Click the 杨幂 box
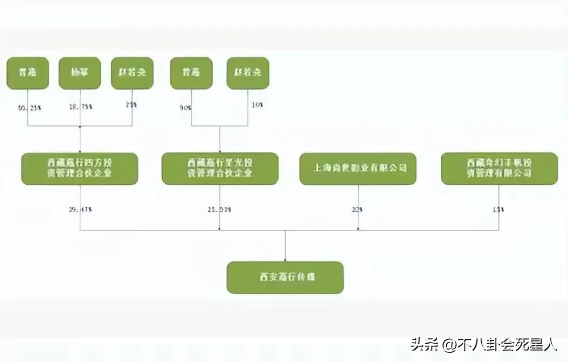80,73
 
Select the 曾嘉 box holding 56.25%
27,73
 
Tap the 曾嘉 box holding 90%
191,73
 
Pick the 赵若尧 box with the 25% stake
132,73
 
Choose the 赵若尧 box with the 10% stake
247,73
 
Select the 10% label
257,105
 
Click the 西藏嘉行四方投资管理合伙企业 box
80,169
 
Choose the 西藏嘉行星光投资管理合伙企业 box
220,169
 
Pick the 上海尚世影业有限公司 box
358,169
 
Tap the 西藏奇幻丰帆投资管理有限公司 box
499,169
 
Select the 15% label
498,210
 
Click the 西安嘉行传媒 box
285,277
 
